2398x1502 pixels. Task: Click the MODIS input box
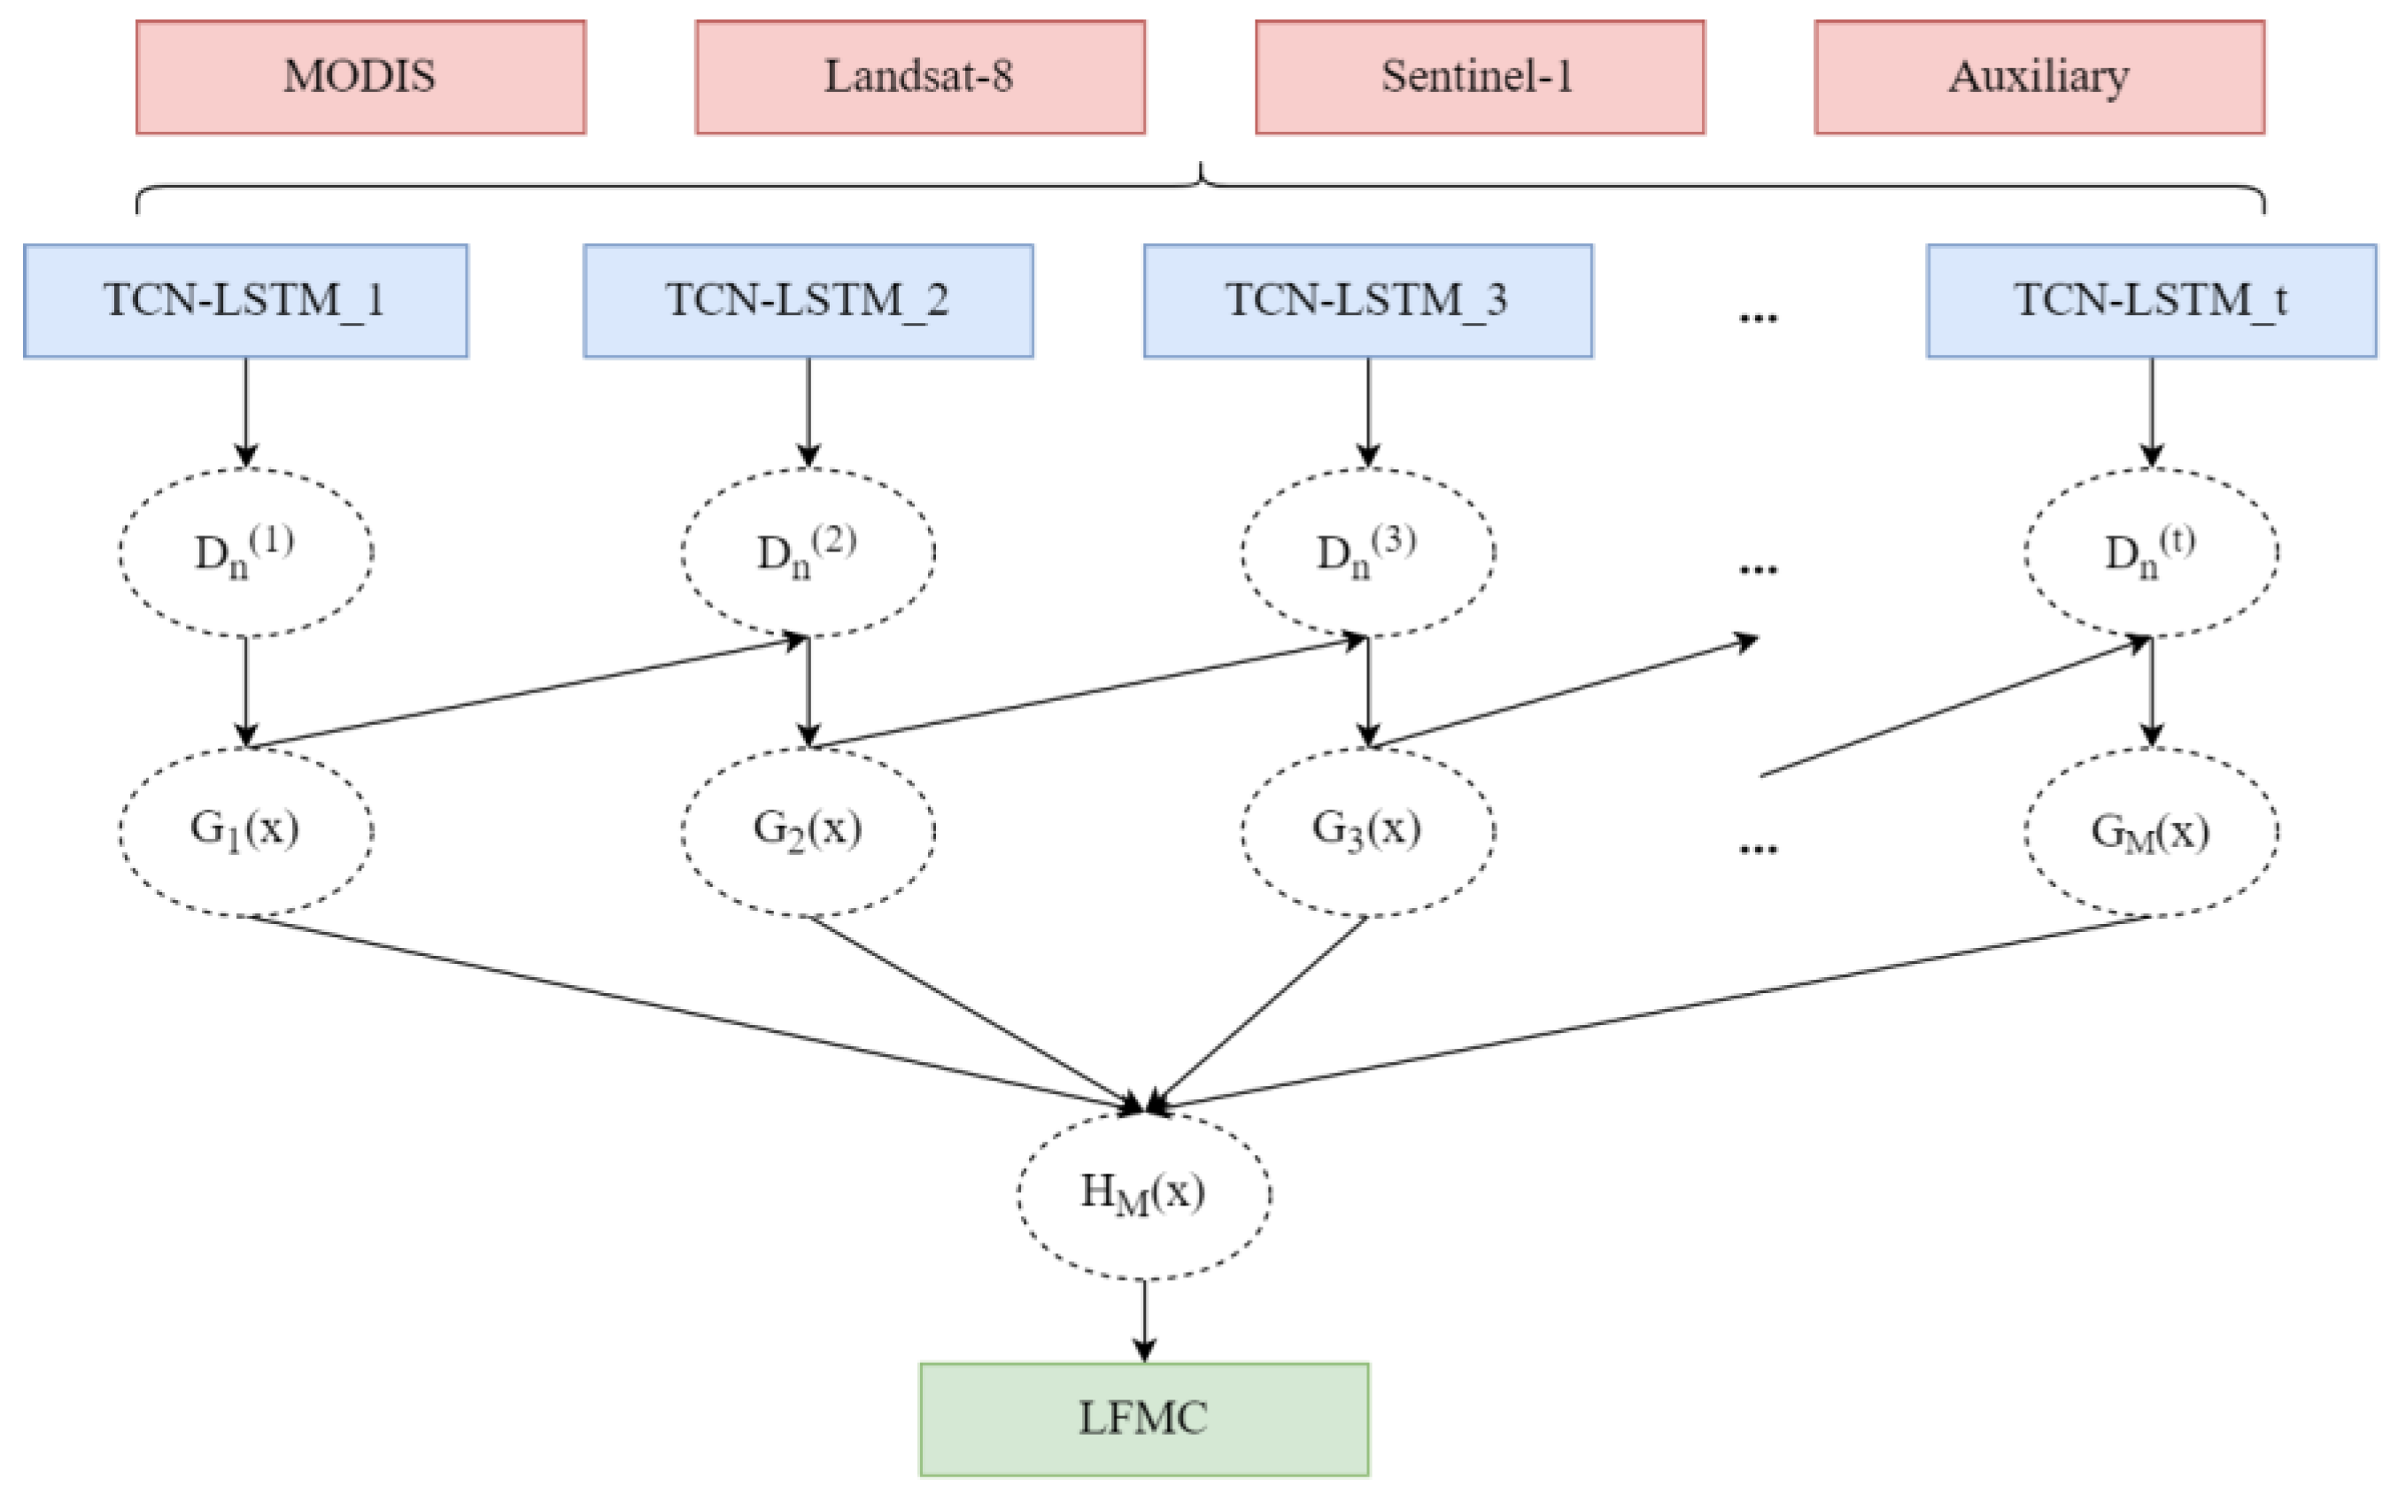coord(360,78)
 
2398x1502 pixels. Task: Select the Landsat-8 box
coord(919,78)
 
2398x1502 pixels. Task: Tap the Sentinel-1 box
coord(1479,78)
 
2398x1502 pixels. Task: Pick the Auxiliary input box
coord(2038,78)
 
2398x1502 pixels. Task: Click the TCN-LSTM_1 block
coord(245,301)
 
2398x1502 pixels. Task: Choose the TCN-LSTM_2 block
coord(808,301)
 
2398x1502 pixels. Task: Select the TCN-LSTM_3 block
coord(1367,301)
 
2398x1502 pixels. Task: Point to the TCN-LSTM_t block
coord(2151,301)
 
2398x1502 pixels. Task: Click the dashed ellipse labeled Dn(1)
coord(245,552)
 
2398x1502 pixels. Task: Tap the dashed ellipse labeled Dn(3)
coord(1367,552)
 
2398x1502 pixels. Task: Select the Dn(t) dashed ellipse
coord(2151,552)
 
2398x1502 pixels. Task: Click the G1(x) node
coord(245,831)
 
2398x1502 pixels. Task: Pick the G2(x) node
coord(808,831)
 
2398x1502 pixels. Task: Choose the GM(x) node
coord(2151,831)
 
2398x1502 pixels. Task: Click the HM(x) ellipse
coord(1143,1193)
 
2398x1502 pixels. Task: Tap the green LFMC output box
coord(1143,1419)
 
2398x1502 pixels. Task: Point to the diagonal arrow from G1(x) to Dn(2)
coord(527,691)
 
